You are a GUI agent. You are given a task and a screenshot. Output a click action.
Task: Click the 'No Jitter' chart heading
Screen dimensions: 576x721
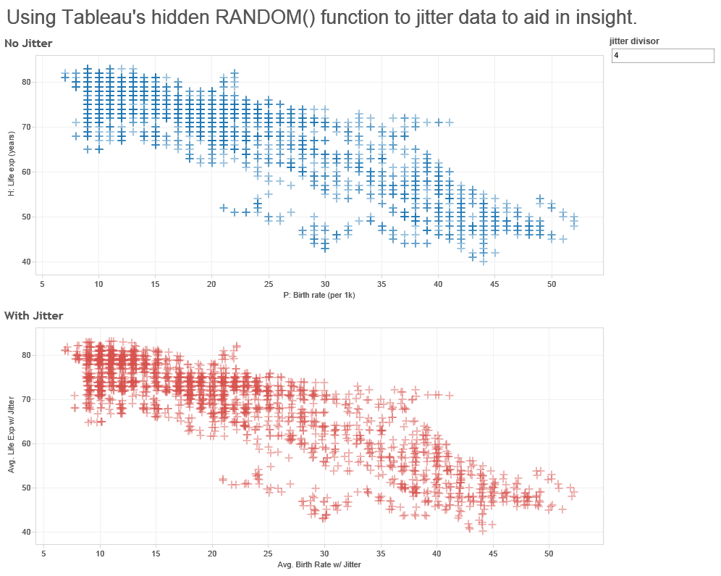pyautogui.click(x=28, y=44)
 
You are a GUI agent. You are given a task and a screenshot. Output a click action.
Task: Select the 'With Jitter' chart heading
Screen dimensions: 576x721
pyautogui.click(x=33, y=315)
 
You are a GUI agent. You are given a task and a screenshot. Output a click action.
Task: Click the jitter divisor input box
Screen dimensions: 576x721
pyautogui.click(x=662, y=56)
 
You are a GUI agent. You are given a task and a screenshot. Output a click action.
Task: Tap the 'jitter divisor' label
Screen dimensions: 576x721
pyautogui.click(x=634, y=41)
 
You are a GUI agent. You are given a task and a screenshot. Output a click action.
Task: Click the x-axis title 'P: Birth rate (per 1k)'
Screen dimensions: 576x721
pyautogui.click(x=319, y=295)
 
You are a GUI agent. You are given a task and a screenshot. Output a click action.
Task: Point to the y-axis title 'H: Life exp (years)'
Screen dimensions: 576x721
pyautogui.click(x=11, y=169)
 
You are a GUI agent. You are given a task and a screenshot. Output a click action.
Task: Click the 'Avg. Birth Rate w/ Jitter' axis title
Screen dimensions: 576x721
pyautogui.click(x=319, y=564)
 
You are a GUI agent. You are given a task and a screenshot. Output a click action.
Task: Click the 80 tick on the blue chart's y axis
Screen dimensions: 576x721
pyautogui.click(x=26, y=82)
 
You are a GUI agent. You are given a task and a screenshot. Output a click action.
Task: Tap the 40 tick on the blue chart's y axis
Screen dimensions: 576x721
pyautogui.click(x=26, y=262)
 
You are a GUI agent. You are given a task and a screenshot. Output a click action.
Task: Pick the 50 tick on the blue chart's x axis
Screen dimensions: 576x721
pyautogui.click(x=551, y=283)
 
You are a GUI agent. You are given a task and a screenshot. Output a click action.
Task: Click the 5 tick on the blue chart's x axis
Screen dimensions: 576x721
pyautogui.click(x=42, y=283)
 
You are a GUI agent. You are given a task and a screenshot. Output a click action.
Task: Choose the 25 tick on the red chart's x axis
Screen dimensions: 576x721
pyautogui.click(x=269, y=553)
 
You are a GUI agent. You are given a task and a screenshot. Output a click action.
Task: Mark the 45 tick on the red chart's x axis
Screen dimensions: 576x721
pyautogui.click(x=492, y=553)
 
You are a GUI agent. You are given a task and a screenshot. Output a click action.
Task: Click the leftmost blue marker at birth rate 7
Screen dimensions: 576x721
pyautogui.click(x=64, y=75)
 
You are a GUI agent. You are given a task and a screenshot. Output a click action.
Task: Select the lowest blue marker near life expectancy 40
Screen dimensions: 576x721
pyautogui.click(x=484, y=260)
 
